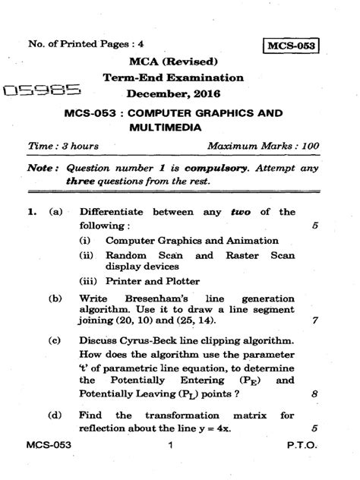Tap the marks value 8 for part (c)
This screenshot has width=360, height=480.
(x=314, y=415)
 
